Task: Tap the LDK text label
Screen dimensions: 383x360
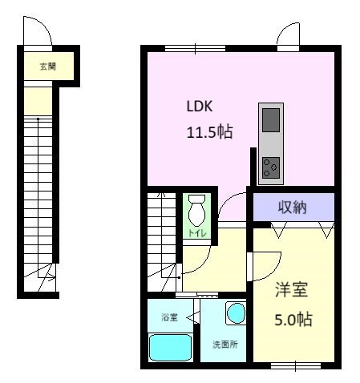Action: (200, 107)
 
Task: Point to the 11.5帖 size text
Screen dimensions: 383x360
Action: (209, 132)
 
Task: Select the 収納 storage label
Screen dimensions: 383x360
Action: (293, 208)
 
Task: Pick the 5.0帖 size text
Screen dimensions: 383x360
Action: (293, 318)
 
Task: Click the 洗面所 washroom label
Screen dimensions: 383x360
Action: (224, 345)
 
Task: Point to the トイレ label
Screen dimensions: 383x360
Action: (196, 233)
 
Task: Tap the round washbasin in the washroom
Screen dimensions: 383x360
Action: (236, 313)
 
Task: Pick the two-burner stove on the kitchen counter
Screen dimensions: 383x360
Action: (270, 167)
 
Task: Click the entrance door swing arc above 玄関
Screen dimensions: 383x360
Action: (37, 31)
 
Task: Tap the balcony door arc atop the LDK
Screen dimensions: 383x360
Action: (289, 36)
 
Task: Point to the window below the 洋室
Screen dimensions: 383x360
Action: (295, 365)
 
